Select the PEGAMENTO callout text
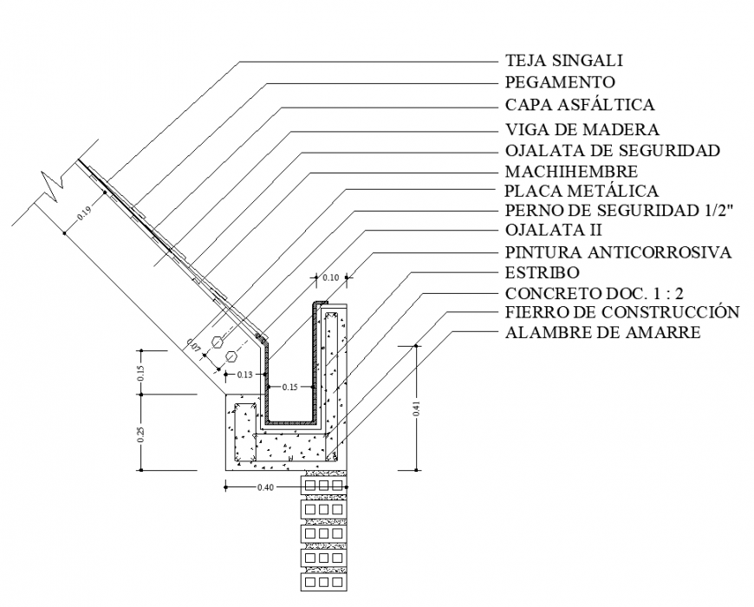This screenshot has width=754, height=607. point(560,82)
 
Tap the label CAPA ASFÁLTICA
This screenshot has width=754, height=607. point(579,105)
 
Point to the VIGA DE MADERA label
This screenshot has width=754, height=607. point(582,129)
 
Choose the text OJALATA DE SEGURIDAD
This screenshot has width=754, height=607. point(612,151)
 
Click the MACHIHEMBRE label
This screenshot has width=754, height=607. point(571,172)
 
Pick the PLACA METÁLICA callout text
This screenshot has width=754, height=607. point(581,191)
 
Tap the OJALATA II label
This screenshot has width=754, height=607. point(553,231)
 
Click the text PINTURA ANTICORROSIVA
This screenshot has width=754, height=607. point(618,252)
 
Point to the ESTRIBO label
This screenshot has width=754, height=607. point(542,273)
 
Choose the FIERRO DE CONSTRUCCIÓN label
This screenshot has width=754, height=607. point(621,312)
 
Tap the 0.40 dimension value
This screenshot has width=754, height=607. point(267,487)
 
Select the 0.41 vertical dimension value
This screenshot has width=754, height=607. point(417,408)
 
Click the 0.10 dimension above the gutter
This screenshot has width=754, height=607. point(330,277)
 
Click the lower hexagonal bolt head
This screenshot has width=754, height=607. point(231,356)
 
